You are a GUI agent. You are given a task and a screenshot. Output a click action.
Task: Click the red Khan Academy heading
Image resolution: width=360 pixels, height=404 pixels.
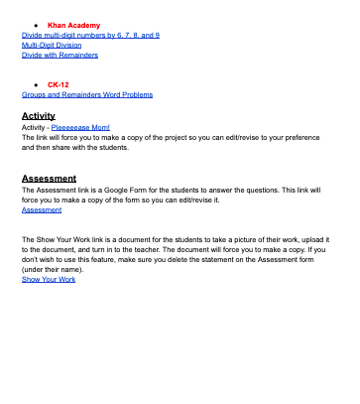click(x=73, y=25)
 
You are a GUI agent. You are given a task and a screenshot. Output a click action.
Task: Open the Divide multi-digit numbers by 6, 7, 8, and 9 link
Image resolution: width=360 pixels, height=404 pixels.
click(x=90, y=35)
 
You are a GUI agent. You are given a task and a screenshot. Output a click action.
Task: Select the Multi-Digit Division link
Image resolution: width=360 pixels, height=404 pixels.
click(x=53, y=45)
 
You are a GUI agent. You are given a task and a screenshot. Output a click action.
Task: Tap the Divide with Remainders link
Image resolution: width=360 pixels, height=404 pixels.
click(x=60, y=55)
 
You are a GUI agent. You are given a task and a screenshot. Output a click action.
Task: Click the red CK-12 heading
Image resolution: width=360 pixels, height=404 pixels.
click(x=60, y=85)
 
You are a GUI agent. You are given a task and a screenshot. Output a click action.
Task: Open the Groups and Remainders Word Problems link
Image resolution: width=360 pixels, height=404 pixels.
click(x=87, y=95)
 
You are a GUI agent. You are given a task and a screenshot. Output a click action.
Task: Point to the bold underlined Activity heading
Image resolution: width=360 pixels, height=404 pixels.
click(x=39, y=116)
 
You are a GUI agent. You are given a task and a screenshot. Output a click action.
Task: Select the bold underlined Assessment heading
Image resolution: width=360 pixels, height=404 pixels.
click(x=49, y=179)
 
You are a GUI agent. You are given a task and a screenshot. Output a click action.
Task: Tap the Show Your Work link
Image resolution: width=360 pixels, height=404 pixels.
click(x=49, y=280)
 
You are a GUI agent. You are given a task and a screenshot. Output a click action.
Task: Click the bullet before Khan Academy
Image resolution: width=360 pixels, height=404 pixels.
click(x=35, y=25)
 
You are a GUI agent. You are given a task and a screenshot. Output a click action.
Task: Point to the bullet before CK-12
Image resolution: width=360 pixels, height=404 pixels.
click(x=35, y=85)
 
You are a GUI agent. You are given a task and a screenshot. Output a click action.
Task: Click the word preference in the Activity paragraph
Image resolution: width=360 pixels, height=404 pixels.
click(x=307, y=137)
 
